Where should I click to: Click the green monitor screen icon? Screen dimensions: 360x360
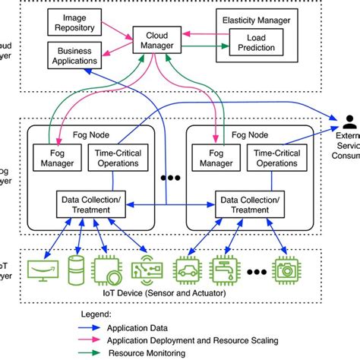pyautogui.click(x=43, y=270)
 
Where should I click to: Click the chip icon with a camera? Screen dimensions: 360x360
pyautogui.click(x=287, y=270)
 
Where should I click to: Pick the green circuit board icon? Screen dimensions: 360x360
pyautogui.click(x=146, y=270)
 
